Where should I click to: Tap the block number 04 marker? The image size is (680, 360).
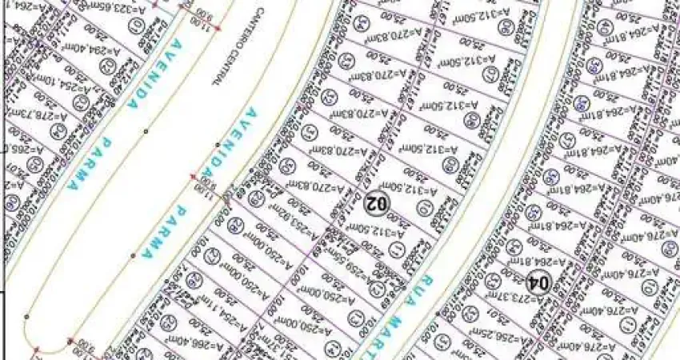pyautogui.click(x=538, y=282)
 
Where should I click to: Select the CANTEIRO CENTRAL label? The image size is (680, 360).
pyautogui.click(x=215, y=45)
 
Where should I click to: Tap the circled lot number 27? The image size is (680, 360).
pyautogui.click(x=213, y=257)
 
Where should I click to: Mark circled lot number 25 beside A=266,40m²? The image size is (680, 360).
pyautogui.click(x=168, y=322)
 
